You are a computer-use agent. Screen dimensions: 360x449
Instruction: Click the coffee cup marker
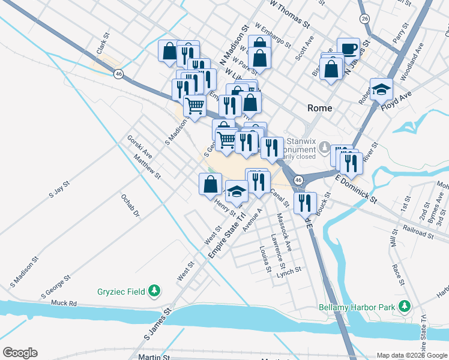(348, 49)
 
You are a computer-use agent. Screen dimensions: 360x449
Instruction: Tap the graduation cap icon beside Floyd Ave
(381, 89)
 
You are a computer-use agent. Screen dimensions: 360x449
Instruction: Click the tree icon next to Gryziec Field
(155, 291)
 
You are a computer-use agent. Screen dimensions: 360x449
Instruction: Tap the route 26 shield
(364, 19)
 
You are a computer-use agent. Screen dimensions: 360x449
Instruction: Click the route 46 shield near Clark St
(119, 73)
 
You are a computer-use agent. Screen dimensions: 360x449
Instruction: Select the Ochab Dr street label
(130, 205)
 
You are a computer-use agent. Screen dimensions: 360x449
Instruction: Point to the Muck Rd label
(65, 304)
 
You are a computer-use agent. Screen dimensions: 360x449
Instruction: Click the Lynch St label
(289, 272)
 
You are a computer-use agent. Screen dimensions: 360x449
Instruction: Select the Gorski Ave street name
(139, 146)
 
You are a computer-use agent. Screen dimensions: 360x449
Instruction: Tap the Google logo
(20, 353)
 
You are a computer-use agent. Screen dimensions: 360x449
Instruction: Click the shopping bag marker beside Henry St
(210, 184)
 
